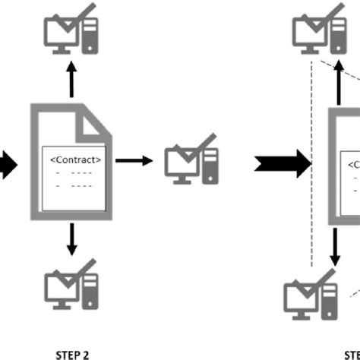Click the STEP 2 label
(x=72, y=353)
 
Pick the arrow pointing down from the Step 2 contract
(x=71, y=239)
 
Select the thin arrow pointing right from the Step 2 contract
(x=136, y=160)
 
